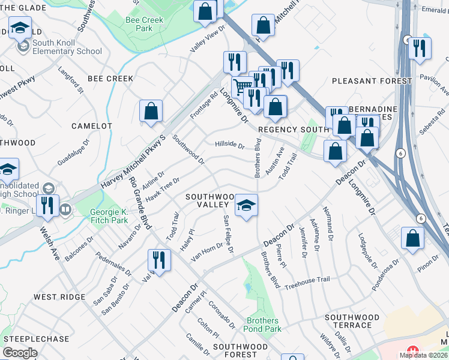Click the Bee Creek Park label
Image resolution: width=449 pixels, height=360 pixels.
(139, 24)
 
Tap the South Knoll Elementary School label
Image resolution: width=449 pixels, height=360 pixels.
(67, 47)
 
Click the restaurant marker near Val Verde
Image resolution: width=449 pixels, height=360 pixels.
(160, 260)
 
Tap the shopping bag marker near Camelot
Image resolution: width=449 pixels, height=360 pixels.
(151, 111)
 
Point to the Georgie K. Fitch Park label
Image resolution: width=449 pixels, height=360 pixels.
(109, 216)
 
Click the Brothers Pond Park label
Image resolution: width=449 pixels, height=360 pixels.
(263, 325)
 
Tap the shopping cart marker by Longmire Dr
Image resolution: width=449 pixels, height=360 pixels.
(242, 88)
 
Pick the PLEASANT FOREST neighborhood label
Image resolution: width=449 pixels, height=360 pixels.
(372, 81)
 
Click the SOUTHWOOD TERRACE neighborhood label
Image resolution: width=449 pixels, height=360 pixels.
(352, 321)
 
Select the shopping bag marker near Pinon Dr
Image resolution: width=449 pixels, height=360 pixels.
(413, 238)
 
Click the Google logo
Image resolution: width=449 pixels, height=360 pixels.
(20, 353)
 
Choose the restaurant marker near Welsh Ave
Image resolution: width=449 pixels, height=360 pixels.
(47, 206)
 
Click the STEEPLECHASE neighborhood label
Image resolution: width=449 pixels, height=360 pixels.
(35, 339)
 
